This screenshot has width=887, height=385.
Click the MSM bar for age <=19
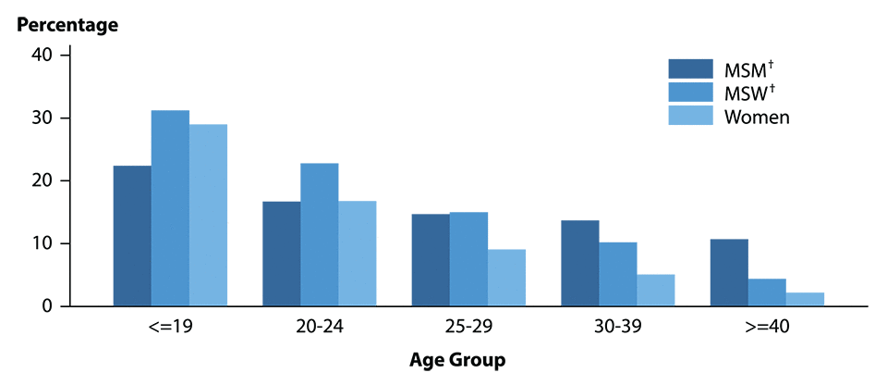click(132, 236)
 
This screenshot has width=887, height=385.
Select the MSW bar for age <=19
click(170, 208)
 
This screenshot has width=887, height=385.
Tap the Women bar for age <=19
click(208, 215)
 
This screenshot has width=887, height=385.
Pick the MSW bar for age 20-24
click(319, 235)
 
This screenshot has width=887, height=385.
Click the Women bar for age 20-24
click(357, 254)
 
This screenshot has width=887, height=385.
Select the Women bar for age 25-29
click(506, 278)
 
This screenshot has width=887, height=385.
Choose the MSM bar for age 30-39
click(580, 263)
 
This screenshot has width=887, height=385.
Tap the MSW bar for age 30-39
click(618, 274)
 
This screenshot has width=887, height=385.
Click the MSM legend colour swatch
click(691, 69)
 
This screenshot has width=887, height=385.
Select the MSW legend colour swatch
click(691, 93)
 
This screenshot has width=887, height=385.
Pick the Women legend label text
click(757, 117)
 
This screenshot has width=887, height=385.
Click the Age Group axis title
click(458, 359)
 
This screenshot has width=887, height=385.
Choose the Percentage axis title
click(67, 25)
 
